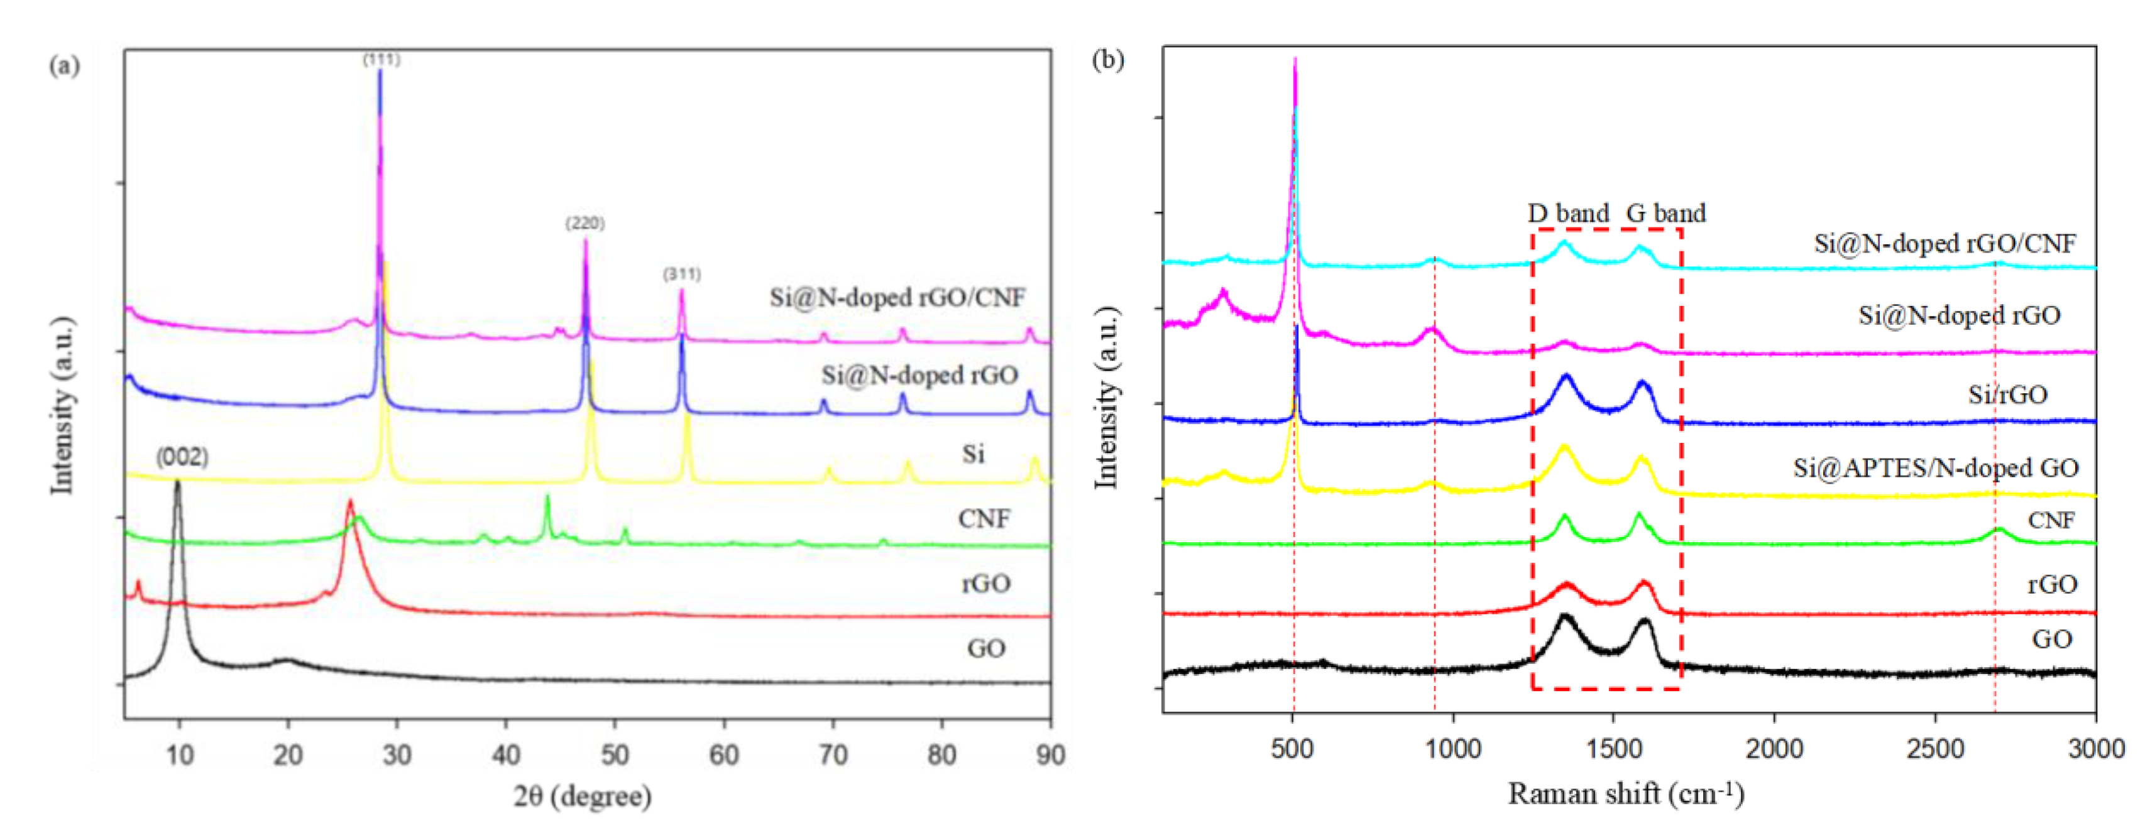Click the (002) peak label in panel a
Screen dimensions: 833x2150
click(182, 457)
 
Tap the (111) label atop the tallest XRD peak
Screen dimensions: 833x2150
click(381, 59)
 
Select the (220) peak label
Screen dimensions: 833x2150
click(585, 223)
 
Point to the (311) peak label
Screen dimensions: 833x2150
click(682, 274)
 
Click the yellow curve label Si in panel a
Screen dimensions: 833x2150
click(973, 454)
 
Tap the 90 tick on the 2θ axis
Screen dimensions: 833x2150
click(1050, 754)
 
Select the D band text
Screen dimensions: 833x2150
click(1568, 214)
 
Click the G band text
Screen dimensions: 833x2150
click(1666, 214)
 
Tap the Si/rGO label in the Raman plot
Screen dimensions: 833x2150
click(2007, 394)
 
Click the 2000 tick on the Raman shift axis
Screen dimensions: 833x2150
click(1774, 749)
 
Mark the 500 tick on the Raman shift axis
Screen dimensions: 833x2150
click(1293, 749)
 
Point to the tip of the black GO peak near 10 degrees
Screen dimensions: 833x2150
click(177, 482)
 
